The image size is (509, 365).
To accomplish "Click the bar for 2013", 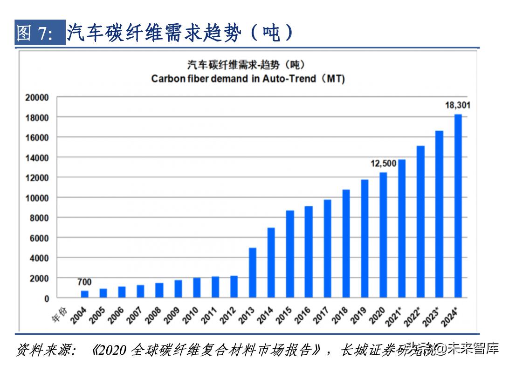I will pos(252,273).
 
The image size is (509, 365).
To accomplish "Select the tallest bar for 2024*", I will pos(458,206).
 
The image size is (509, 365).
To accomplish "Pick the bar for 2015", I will pos(290,254).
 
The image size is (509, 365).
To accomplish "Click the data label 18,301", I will pos(457,105).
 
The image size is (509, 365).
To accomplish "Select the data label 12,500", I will pos(383,163).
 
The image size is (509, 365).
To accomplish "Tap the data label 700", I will pos(84,282).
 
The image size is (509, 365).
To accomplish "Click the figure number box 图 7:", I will pos(40,33).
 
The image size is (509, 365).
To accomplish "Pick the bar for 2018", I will pos(346,243).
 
